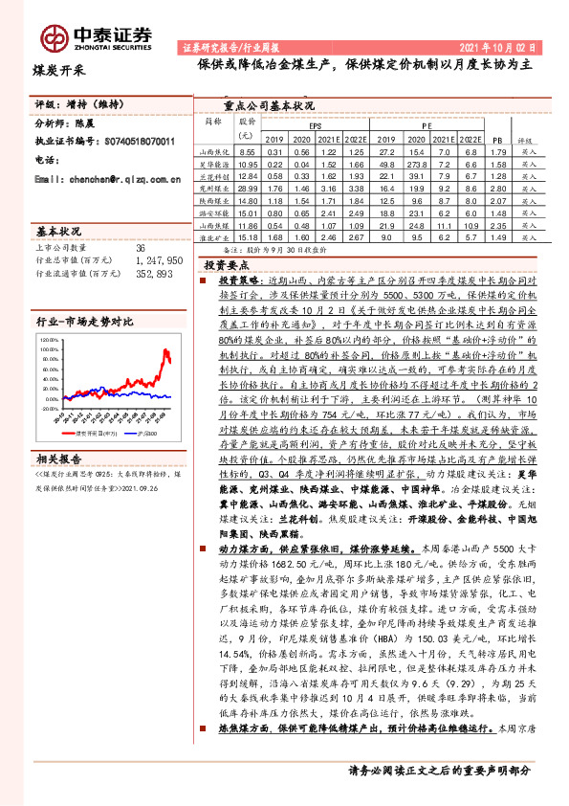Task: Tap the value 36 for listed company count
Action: [141, 248]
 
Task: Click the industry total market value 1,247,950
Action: [158, 259]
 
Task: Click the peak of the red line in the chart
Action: [166, 351]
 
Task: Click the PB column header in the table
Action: [496, 139]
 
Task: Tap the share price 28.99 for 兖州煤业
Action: [248, 189]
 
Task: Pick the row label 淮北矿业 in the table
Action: [212, 237]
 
